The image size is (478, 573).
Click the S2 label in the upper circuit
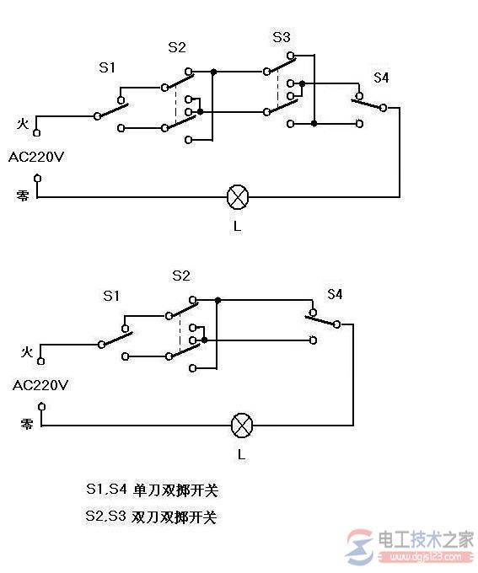click(177, 47)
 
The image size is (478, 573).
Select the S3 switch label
click(281, 37)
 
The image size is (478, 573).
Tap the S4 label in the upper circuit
click(382, 78)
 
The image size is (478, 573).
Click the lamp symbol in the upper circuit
click(239, 198)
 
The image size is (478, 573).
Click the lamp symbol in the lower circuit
click(243, 425)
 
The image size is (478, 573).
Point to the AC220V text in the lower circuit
click(40, 384)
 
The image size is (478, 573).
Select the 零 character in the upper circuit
click(23, 195)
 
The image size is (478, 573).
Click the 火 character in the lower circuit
click(27, 351)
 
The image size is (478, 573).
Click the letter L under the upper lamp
click(239, 228)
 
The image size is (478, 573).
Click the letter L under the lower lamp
click(242, 455)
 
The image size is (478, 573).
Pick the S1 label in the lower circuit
click(112, 295)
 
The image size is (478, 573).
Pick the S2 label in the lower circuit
click(180, 276)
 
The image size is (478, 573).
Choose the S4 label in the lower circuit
click(335, 294)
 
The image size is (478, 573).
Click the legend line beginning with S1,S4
click(145, 490)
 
